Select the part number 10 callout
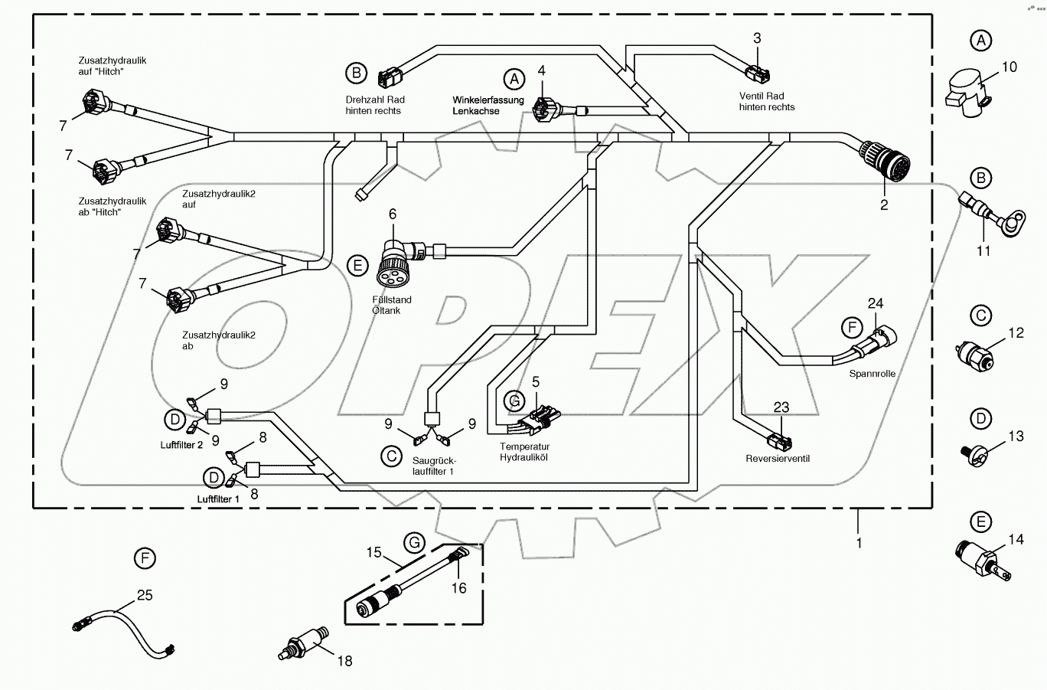(x=1009, y=67)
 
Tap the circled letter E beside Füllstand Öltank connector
(x=357, y=266)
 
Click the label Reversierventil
(x=778, y=459)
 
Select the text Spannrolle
(x=872, y=374)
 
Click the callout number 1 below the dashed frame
(x=859, y=542)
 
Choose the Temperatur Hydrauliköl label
(x=524, y=452)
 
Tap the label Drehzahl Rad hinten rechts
(x=373, y=105)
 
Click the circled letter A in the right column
(x=980, y=41)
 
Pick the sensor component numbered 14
(x=976, y=555)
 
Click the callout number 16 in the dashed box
(x=458, y=587)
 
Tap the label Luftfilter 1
(x=218, y=499)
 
